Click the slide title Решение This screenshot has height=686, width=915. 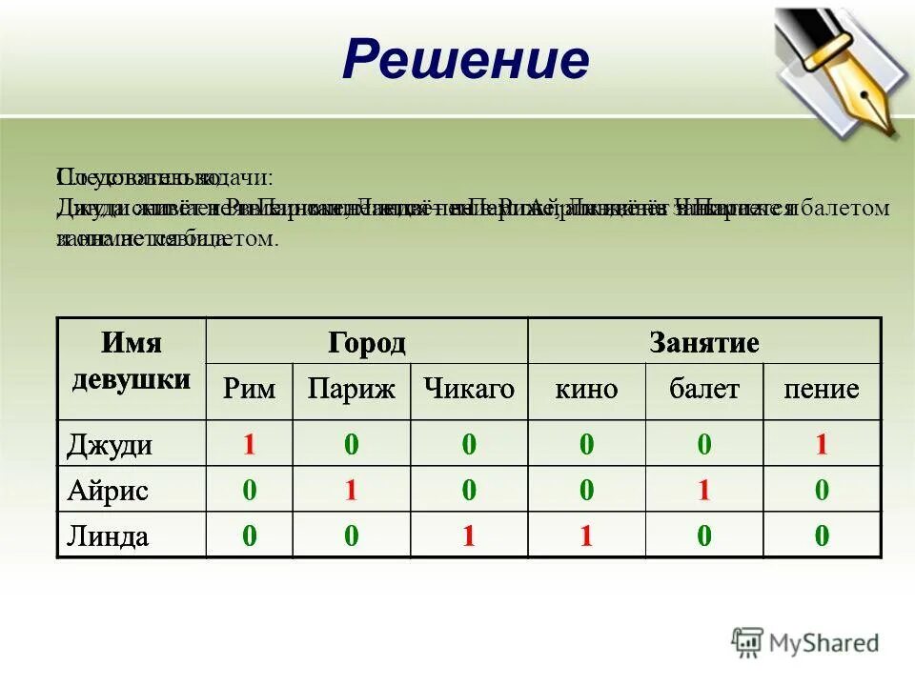[x=466, y=61]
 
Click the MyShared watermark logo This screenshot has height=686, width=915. [x=805, y=643]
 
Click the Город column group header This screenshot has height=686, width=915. [x=367, y=342]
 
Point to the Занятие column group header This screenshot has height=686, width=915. [x=703, y=342]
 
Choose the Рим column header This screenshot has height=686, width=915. [x=250, y=389]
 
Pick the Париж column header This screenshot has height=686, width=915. [x=351, y=389]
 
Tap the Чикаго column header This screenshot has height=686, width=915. [x=469, y=389]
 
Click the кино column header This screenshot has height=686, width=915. [x=586, y=389]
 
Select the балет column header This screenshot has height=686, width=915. [x=703, y=389]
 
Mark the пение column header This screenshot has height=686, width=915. [x=821, y=389]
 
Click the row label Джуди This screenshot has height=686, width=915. [x=111, y=445]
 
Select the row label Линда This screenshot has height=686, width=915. [x=108, y=536]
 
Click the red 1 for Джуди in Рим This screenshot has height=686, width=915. [x=250, y=445]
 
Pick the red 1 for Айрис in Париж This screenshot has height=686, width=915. [x=351, y=491]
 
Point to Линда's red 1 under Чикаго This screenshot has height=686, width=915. [x=469, y=536]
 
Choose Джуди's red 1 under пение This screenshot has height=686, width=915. [x=821, y=445]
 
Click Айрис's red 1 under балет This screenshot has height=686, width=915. [x=703, y=491]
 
